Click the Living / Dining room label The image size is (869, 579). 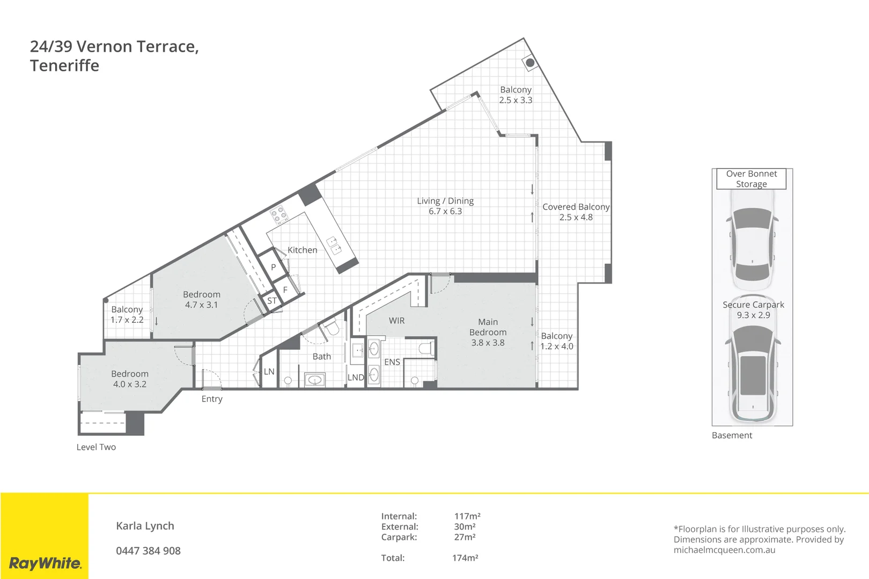pyautogui.click(x=445, y=201)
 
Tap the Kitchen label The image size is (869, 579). pyautogui.click(x=302, y=250)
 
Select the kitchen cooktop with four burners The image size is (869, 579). pyautogui.click(x=279, y=214)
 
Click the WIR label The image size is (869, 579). pyautogui.click(x=396, y=321)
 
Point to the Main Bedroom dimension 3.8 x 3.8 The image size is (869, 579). pyautogui.click(x=488, y=343)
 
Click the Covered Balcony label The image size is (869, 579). pyautogui.click(x=576, y=207)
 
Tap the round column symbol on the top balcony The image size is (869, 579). pyautogui.click(x=530, y=63)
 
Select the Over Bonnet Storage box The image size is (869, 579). pyautogui.click(x=751, y=179)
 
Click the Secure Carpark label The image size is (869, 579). pyautogui.click(x=753, y=305)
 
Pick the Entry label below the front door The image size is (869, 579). pyautogui.click(x=212, y=399)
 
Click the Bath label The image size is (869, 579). pyautogui.click(x=321, y=357)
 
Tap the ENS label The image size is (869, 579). pyautogui.click(x=392, y=362)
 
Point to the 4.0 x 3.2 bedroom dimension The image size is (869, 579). pyautogui.click(x=129, y=384)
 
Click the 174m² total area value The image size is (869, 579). pyautogui.click(x=465, y=558)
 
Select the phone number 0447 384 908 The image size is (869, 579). pyautogui.click(x=148, y=551)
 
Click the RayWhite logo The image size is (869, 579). pyautogui.click(x=45, y=563)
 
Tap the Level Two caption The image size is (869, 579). pyautogui.click(x=96, y=447)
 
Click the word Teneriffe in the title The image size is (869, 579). pyautogui.click(x=64, y=66)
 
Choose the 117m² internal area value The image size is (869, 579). pyautogui.click(x=467, y=516)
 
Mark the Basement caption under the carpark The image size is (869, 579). pyautogui.click(x=732, y=435)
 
